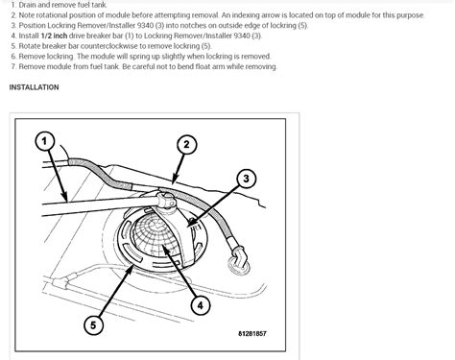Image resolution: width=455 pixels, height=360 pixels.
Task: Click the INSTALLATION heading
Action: coord(35,87)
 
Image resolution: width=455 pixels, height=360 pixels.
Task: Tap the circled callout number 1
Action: coord(43,142)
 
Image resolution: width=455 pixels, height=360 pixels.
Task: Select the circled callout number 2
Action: coord(188,145)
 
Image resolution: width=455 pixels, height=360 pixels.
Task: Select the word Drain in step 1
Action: coord(29,7)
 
